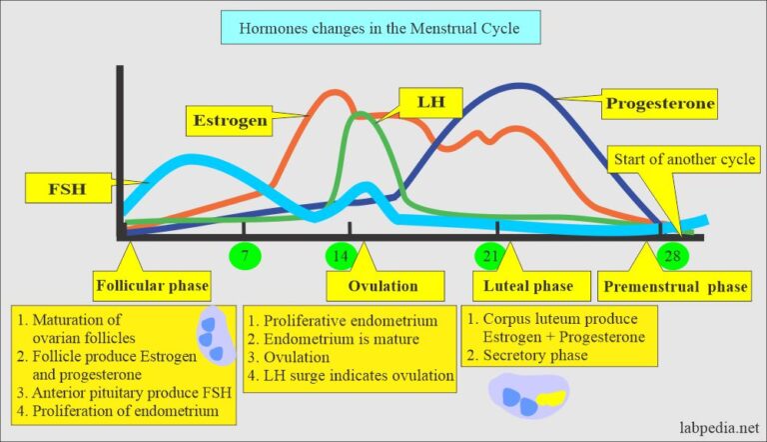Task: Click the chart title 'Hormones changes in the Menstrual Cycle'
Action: point(383,28)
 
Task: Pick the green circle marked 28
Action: point(674,256)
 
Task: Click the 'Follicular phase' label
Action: point(153,287)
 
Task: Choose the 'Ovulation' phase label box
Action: point(383,287)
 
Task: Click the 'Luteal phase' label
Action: point(529,287)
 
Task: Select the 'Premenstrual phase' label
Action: point(674,287)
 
